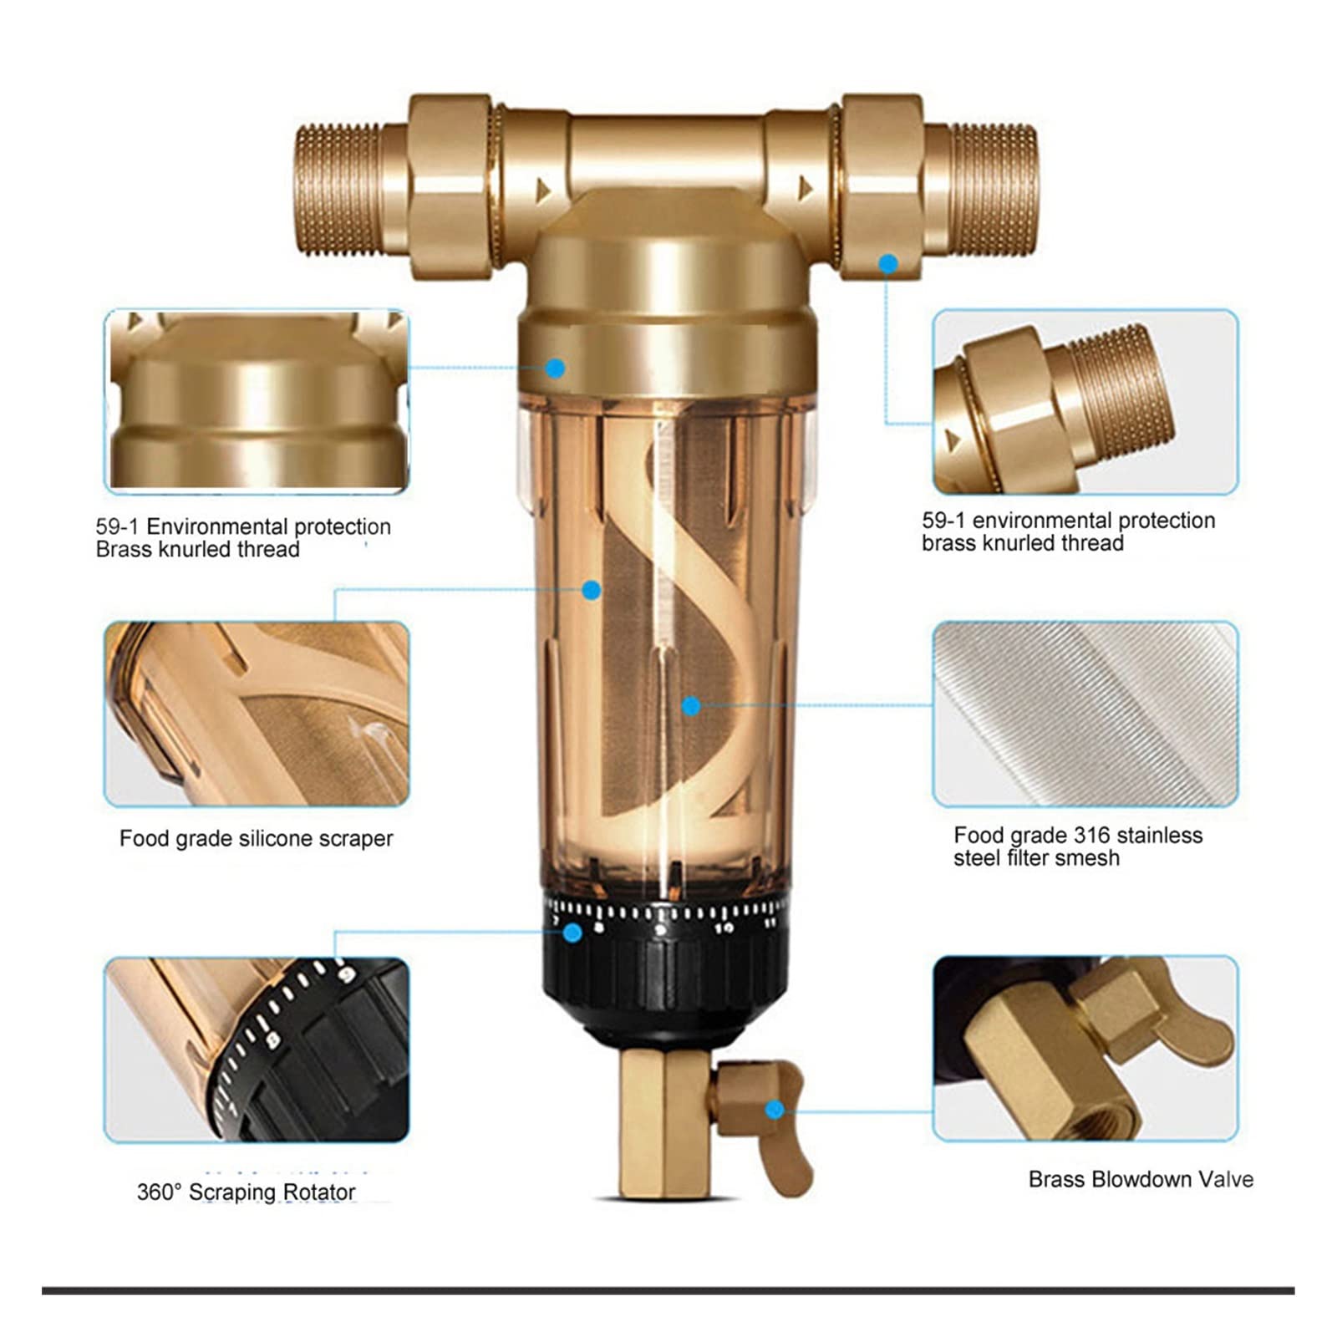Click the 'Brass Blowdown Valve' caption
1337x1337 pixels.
[x=1141, y=1179]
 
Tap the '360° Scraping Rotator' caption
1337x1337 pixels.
[x=246, y=1192]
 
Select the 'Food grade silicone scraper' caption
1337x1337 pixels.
[x=256, y=838]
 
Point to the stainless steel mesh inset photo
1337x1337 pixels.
[x=1085, y=714]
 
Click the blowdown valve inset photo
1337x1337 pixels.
[x=1085, y=1049]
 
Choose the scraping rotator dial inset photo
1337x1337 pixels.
[x=257, y=1050]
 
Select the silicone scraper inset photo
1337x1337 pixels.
[x=257, y=714]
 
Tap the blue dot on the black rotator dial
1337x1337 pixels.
[x=572, y=933]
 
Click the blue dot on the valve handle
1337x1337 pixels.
[x=775, y=1110]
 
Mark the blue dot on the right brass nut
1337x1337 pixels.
[x=888, y=264]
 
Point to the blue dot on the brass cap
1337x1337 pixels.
[x=555, y=368]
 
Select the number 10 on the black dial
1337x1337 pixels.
[x=724, y=928]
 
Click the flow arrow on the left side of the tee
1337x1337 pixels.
[x=543, y=191]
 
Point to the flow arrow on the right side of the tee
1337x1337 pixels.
[x=806, y=188]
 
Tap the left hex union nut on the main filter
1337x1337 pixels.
[x=452, y=186]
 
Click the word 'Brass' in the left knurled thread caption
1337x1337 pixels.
[x=120, y=549]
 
